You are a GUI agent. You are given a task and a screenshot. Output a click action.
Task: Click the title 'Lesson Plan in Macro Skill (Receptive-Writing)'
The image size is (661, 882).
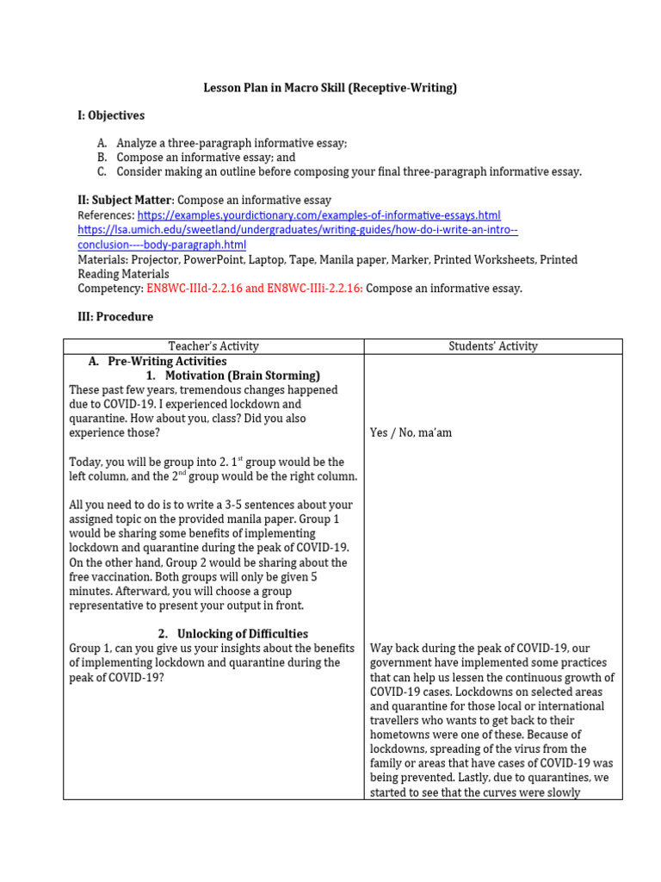pos(330,88)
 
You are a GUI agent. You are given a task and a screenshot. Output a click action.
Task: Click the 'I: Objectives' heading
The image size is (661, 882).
pos(111,115)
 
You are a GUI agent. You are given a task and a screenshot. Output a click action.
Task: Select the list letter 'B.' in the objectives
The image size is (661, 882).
pos(102,158)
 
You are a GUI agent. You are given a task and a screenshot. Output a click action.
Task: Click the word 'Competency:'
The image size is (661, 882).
pos(110,289)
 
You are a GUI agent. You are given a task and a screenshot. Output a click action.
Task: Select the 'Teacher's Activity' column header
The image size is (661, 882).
pos(213,346)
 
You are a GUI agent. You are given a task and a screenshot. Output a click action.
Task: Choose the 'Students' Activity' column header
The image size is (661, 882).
pos(493,346)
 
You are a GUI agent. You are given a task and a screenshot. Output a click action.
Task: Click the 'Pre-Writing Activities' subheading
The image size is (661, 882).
pos(167,361)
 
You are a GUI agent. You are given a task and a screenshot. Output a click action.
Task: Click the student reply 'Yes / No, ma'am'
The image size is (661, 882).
pos(411,433)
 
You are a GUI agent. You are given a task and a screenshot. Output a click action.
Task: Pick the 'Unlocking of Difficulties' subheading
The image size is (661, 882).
pos(243,634)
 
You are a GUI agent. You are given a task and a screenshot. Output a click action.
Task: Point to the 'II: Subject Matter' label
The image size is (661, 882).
pos(126,201)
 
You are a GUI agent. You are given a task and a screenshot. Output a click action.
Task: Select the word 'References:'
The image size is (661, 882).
pos(106,214)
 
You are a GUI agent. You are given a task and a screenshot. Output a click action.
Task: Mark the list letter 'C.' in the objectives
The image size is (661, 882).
pos(102,171)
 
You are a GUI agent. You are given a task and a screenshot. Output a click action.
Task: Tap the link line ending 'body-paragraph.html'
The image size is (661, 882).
pos(162,245)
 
